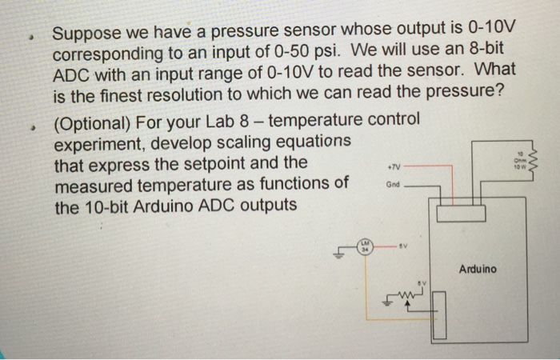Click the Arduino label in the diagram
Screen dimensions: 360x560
coord(478,269)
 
